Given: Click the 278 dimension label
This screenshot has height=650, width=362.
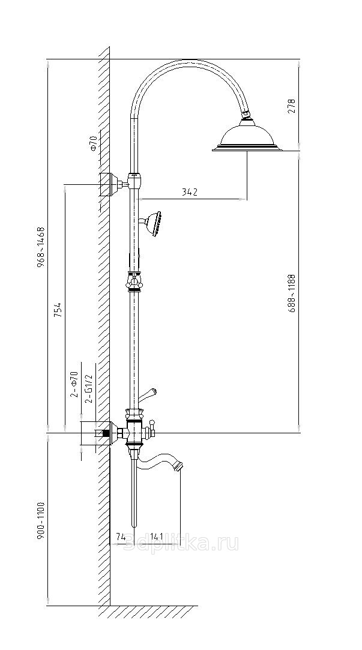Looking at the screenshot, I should (x=292, y=106).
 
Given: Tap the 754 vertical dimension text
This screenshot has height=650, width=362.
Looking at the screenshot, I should (x=57, y=310).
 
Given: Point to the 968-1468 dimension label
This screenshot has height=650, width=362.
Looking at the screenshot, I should (x=41, y=247).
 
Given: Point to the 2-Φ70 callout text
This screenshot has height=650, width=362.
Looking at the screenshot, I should (x=74, y=385).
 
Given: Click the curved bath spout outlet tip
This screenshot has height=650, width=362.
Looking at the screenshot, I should (x=178, y=465).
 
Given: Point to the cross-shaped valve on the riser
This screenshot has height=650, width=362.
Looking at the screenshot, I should (x=134, y=280).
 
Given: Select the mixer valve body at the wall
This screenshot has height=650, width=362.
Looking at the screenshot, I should (x=134, y=430).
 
